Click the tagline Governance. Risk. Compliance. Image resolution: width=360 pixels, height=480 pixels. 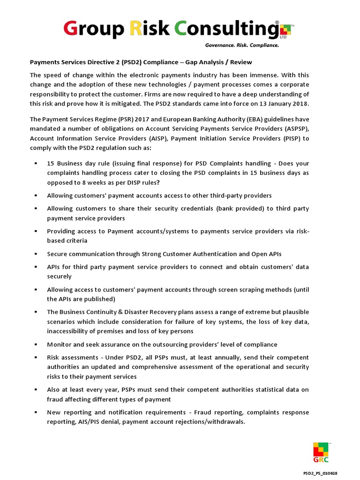242,45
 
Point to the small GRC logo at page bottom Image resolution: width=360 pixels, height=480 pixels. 321,452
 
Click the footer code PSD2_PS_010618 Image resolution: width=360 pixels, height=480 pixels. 321,473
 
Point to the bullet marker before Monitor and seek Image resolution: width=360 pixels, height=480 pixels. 36,345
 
